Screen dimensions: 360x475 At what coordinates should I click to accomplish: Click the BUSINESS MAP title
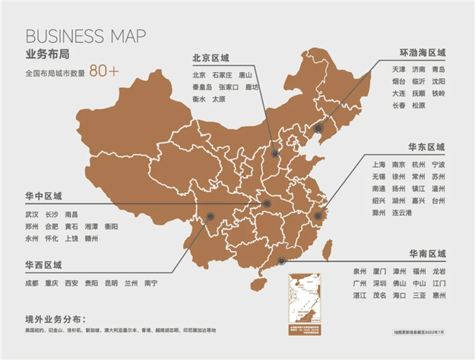(x=86, y=37)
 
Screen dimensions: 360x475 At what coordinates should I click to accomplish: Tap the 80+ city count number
(x=103, y=72)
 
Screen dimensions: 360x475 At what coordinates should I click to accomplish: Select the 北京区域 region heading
(x=211, y=58)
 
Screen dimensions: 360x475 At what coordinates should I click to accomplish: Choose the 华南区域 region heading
(x=426, y=253)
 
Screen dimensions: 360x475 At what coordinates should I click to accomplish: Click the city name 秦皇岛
(x=201, y=87)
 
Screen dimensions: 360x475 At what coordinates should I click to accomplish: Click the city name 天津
(x=378, y=69)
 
